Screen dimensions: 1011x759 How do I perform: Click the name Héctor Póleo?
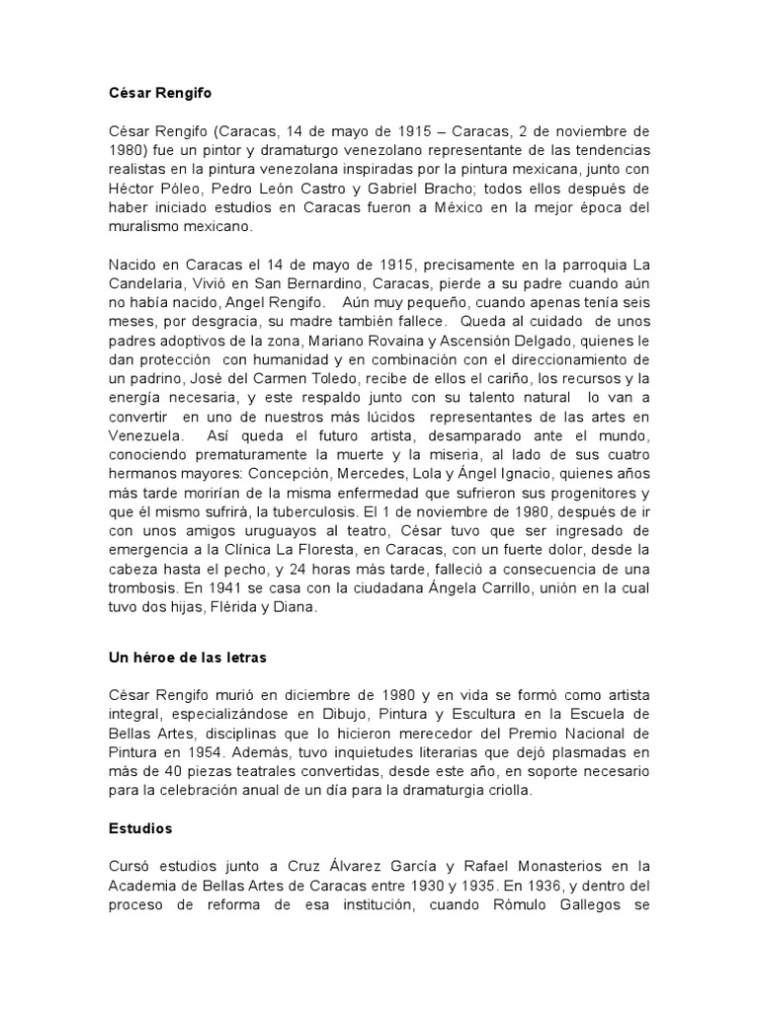click(x=153, y=188)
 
